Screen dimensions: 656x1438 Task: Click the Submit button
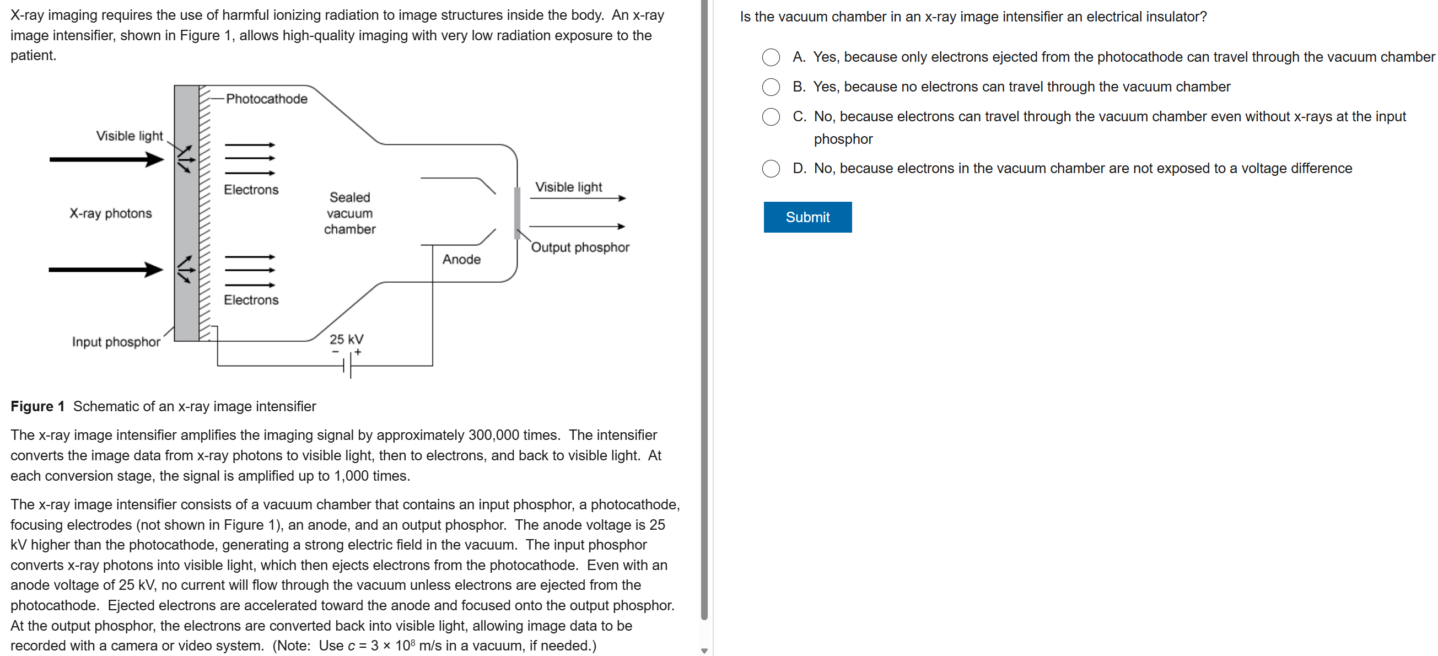[x=807, y=217]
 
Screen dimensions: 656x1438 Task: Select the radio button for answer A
[x=771, y=57]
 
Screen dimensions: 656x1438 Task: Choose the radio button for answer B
[x=771, y=87]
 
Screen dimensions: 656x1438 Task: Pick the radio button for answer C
[x=771, y=117]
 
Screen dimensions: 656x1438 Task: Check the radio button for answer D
[x=771, y=169]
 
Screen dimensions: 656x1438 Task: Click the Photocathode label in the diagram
[x=266, y=99]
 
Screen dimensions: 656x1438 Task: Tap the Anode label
[x=461, y=259]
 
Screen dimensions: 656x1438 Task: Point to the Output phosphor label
[x=579, y=248]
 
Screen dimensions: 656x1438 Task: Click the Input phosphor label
[x=116, y=342]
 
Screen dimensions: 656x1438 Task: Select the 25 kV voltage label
[x=346, y=339]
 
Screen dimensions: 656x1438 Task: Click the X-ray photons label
[x=111, y=213]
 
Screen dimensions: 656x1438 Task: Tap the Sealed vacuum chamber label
[x=349, y=213]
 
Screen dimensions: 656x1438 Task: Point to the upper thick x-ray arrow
[x=106, y=160]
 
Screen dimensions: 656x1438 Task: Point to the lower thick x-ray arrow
[x=106, y=270]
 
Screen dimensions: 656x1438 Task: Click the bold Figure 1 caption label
[x=37, y=406]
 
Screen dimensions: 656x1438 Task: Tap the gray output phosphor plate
[x=517, y=213]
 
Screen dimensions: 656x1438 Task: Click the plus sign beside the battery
[x=358, y=352]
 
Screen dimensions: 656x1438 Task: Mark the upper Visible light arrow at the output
[x=578, y=198]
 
